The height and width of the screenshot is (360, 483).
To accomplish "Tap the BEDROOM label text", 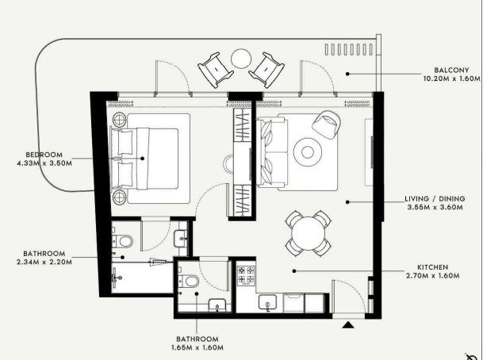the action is pos(44,155).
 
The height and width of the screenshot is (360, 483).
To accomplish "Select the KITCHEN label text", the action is pos(432,267).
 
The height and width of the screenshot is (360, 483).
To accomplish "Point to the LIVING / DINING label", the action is pos(435,198).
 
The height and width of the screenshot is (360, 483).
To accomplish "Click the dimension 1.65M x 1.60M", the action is pos(197,347).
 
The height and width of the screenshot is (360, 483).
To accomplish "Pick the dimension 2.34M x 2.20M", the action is pos(44,262).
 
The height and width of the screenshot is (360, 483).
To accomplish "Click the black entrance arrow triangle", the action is pos(348,324).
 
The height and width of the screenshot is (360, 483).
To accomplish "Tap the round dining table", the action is pos(308,233).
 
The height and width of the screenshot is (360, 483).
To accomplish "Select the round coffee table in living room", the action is pos(308,151).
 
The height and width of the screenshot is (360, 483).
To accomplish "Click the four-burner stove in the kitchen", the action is pos(246,275).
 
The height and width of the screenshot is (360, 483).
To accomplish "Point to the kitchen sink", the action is pos(268,302).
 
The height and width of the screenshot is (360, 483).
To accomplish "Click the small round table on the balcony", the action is pos(241,59).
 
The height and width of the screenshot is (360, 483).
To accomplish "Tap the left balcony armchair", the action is pos(215,70).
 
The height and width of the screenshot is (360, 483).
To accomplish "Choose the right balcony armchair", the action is pos(266,70).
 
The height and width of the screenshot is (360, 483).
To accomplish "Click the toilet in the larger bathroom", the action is pos(123,241).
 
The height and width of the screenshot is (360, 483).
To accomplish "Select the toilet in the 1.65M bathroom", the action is pos(189,281).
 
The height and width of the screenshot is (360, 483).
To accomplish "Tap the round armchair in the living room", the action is pos(327,124).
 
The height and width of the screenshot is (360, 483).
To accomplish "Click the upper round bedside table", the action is pos(120,119).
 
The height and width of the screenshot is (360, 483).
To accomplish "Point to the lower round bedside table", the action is pos(120,197).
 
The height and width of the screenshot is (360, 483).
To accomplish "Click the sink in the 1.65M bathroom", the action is pos(217,305).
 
